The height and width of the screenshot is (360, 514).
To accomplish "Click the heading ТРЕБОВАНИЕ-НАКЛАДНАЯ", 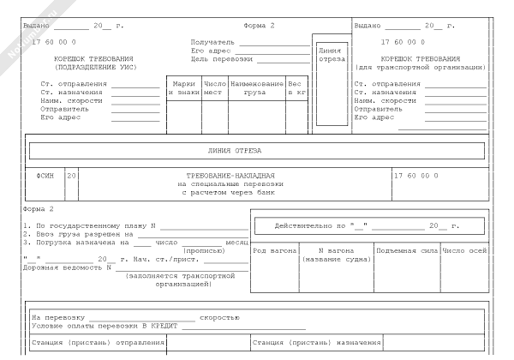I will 230,175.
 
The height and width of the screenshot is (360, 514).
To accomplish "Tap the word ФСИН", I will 45,175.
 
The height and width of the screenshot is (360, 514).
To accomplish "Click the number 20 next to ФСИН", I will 71,175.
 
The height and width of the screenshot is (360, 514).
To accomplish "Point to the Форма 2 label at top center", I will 259,26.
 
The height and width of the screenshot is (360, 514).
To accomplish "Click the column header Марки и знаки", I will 184,87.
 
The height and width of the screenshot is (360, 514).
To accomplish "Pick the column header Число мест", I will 214,87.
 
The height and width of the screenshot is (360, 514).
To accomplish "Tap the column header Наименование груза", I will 256,87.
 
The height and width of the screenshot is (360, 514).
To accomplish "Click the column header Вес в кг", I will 296,87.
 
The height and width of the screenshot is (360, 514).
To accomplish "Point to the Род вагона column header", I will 274,250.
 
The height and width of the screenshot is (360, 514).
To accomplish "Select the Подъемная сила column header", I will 406,250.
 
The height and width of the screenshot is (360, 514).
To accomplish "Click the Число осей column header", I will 465,250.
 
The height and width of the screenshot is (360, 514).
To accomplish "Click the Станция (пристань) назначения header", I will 316,342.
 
